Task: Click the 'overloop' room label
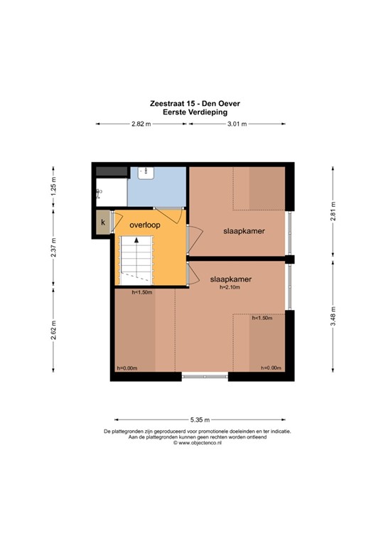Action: (x=144, y=225)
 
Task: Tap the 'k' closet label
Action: (x=104, y=223)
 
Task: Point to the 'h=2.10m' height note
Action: (x=231, y=288)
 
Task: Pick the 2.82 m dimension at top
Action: (x=141, y=124)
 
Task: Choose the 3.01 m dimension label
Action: (x=237, y=124)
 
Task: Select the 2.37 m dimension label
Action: (x=53, y=246)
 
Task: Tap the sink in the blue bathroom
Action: (x=144, y=171)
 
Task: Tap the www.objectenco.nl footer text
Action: (x=197, y=443)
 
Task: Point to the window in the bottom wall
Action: (x=205, y=377)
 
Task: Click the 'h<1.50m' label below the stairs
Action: (x=142, y=292)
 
